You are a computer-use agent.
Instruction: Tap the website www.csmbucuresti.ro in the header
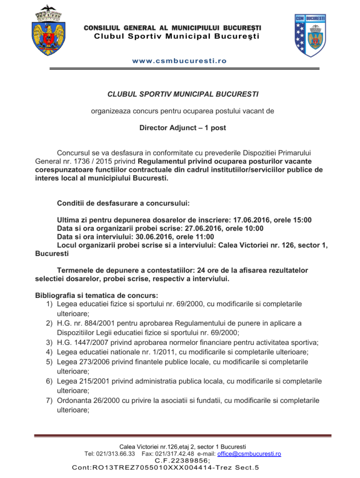coord(179,61)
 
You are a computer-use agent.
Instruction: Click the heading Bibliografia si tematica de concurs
coord(96,295)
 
